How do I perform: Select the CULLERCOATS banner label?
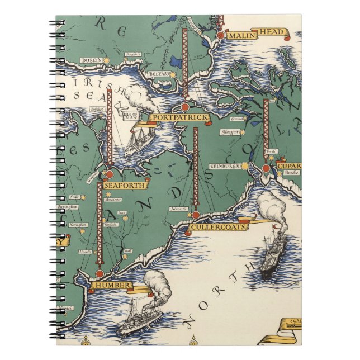213,228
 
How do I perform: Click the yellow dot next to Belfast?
173,74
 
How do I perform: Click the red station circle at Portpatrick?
184,107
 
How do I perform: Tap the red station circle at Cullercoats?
195,215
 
